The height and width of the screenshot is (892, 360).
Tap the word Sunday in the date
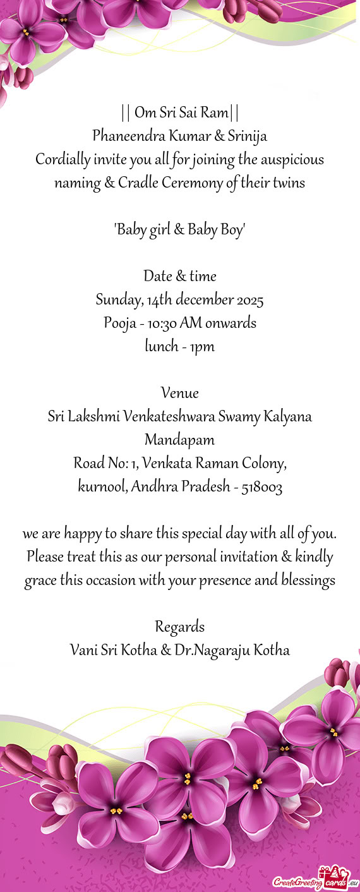(115, 299)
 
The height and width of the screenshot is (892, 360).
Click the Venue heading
(180, 393)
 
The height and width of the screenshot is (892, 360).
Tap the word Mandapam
(180, 440)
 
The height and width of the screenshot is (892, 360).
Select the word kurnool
(102, 486)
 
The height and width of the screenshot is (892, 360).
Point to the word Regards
(180, 627)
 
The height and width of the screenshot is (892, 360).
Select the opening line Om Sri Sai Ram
(180, 113)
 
